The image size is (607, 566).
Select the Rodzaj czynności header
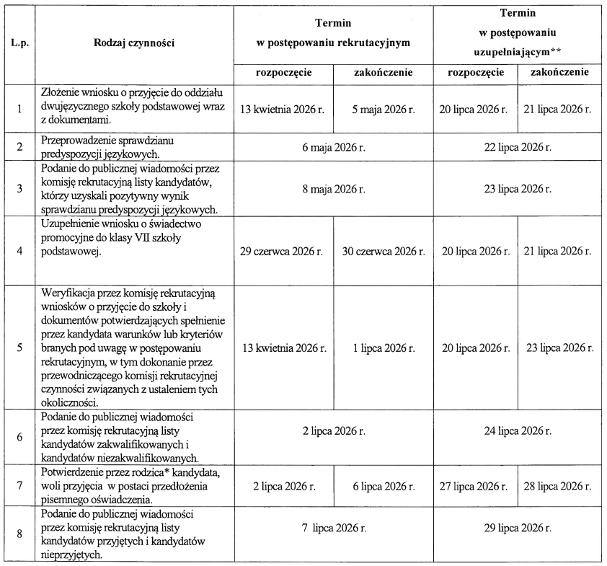tap(134, 43)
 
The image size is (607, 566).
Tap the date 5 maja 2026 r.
tap(382, 109)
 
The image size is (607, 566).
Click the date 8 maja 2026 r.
tap(333, 189)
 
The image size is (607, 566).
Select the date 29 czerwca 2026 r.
tap(283, 251)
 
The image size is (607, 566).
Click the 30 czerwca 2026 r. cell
tap(382, 251)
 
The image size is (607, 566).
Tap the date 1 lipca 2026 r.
tap(382, 348)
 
